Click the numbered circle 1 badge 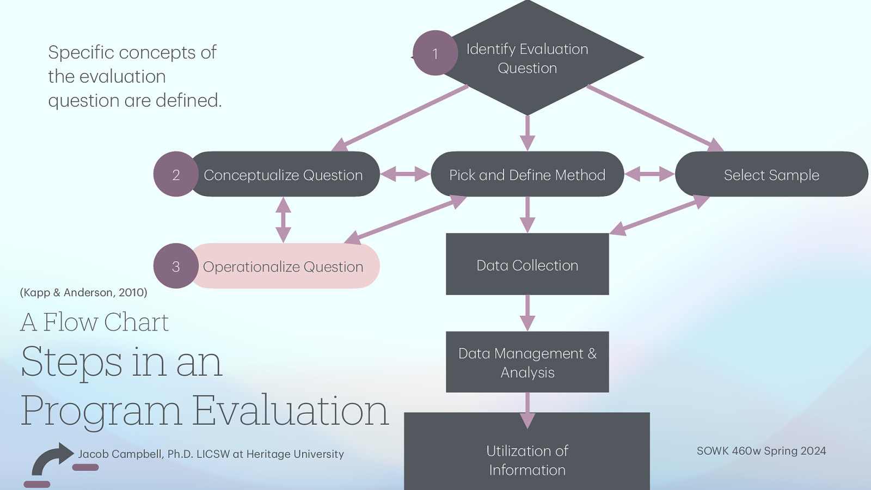click(x=435, y=53)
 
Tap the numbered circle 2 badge click(x=175, y=174)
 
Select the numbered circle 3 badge click(x=175, y=266)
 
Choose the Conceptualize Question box click(x=283, y=175)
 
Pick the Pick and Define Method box click(x=527, y=175)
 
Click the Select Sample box click(x=771, y=175)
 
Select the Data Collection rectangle click(x=527, y=265)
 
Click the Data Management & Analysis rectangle click(x=527, y=362)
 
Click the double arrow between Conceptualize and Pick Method click(x=405, y=174)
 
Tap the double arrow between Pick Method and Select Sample click(x=649, y=174)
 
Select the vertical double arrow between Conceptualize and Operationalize click(x=283, y=220)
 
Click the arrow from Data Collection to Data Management click(x=527, y=313)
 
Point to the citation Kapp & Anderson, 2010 click(x=83, y=292)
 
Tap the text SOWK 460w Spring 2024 click(x=761, y=451)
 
